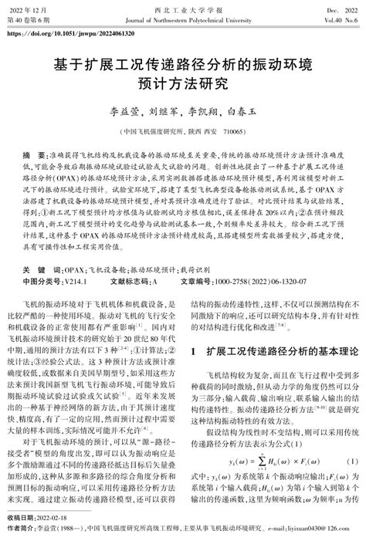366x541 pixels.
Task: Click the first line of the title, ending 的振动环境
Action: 182,62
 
